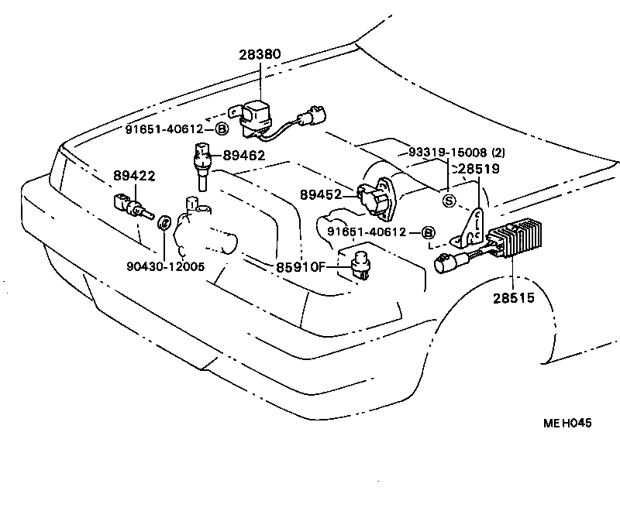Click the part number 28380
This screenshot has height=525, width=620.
(x=260, y=55)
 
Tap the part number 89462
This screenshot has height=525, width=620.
(x=244, y=156)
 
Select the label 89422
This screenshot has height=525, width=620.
(x=135, y=176)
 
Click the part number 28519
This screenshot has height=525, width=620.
(x=479, y=168)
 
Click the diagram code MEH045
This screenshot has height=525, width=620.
(x=567, y=423)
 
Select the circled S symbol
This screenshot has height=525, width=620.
(x=448, y=201)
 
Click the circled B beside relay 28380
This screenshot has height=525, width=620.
(x=222, y=129)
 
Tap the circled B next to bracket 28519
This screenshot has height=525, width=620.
(x=427, y=232)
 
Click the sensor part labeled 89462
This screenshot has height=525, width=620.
(x=202, y=163)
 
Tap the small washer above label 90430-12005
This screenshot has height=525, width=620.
(x=164, y=224)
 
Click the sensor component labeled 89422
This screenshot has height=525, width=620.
(x=129, y=206)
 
